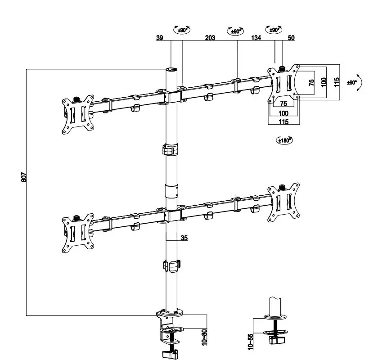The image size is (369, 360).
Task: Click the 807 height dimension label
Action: (x=24, y=177)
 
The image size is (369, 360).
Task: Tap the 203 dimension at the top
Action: (x=210, y=38)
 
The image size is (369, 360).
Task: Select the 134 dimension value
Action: (x=256, y=38)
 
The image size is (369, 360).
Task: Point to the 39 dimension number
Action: (x=160, y=38)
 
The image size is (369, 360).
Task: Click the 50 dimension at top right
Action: (x=291, y=38)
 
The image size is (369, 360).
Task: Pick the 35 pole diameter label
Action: (x=184, y=238)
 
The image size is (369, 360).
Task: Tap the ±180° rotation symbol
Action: (x=284, y=140)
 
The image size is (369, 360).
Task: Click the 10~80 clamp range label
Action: (x=204, y=337)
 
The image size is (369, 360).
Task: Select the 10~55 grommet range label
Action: (x=251, y=340)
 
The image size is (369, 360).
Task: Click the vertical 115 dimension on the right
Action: (x=336, y=82)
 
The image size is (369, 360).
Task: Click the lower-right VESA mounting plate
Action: (x=283, y=202)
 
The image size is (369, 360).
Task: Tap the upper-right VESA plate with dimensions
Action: (x=283, y=84)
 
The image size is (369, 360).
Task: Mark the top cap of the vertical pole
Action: (x=171, y=70)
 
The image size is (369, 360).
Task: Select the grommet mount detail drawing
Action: (x=274, y=324)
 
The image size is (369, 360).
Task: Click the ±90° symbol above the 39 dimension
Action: (x=182, y=30)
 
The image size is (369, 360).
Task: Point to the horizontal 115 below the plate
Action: (x=283, y=122)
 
